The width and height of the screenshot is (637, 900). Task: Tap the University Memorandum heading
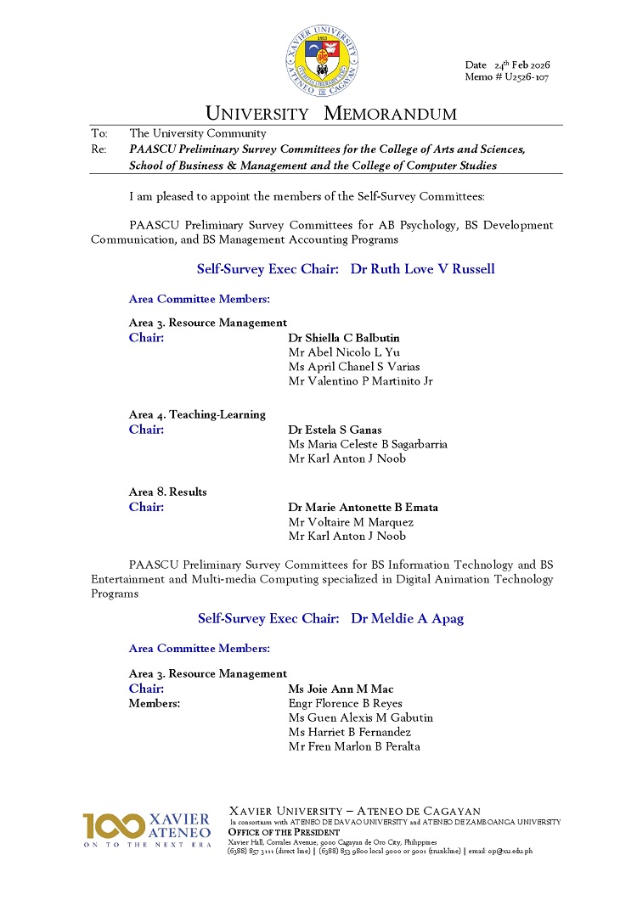point(331,114)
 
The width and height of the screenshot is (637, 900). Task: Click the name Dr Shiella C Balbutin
point(344,338)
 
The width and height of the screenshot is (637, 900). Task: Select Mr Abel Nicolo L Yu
point(344,352)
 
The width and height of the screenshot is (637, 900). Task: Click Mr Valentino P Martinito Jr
point(361,381)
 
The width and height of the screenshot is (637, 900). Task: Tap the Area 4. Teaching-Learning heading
point(197,414)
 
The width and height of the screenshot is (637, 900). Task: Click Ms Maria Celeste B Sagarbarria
point(368,444)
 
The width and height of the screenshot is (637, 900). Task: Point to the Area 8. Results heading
point(168,492)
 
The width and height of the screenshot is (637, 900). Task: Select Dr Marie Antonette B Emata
point(364,508)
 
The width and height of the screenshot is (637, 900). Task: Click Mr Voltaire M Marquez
point(351,522)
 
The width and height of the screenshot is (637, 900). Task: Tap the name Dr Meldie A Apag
point(408,619)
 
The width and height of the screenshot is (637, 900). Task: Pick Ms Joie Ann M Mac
point(341,689)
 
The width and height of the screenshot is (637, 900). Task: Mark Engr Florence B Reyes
point(345,704)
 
